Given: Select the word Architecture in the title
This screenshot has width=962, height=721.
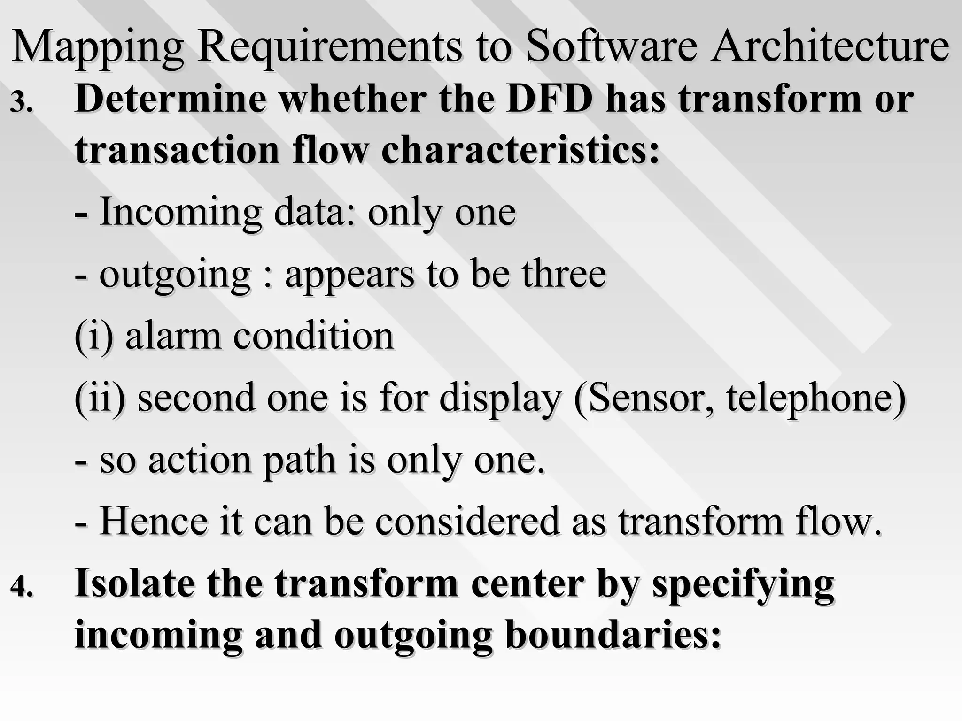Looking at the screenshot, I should pyautogui.click(x=829, y=47).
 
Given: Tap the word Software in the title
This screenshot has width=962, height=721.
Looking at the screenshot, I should pyautogui.click(x=611, y=47).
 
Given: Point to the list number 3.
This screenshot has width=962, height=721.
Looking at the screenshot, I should pyautogui.click(x=22, y=103).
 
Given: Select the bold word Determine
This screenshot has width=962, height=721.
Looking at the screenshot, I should pyautogui.click(x=171, y=100).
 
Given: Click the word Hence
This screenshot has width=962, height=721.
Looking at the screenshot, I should pyautogui.click(x=154, y=521).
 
